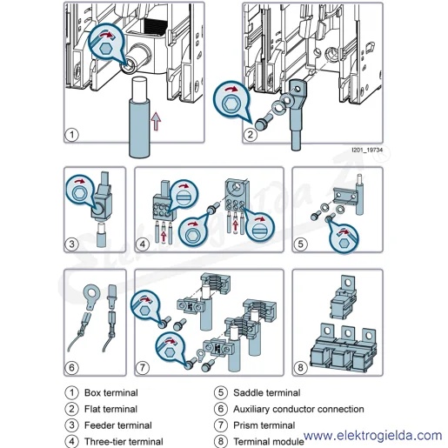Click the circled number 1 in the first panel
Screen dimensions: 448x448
click(x=71, y=135)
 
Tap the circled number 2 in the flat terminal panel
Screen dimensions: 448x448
click(x=251, y=135)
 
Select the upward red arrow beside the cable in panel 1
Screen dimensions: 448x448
click(x=156, y=121)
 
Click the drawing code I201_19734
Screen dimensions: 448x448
click(x=367, y=150)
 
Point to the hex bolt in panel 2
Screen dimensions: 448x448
click(x=263, y=123)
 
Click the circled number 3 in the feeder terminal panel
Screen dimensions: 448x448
click(x=72, y=244)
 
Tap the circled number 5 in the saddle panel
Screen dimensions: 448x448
click(x=300, y=244)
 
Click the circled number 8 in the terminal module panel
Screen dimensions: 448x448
click(x=300, y=368)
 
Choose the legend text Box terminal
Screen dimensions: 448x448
click(x=111, y=392)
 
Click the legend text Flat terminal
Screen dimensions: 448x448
click(x=110, y=409)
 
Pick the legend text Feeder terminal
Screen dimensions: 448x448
click(x=118, y=425)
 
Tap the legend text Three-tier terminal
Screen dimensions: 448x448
click(x=124, y=441)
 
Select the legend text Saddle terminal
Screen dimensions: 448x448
click(x=267, y=392)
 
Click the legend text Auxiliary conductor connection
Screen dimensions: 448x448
click(x=298, y=409)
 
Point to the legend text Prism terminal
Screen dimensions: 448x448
click(x=264, y=425)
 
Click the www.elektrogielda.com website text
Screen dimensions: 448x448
click(x=373, y=435)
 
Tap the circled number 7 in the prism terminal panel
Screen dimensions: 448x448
click(x=143, y=368)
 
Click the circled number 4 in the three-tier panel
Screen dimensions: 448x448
click(x=143, y=244)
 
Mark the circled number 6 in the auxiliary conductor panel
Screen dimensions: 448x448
click(x=71, y=368)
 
